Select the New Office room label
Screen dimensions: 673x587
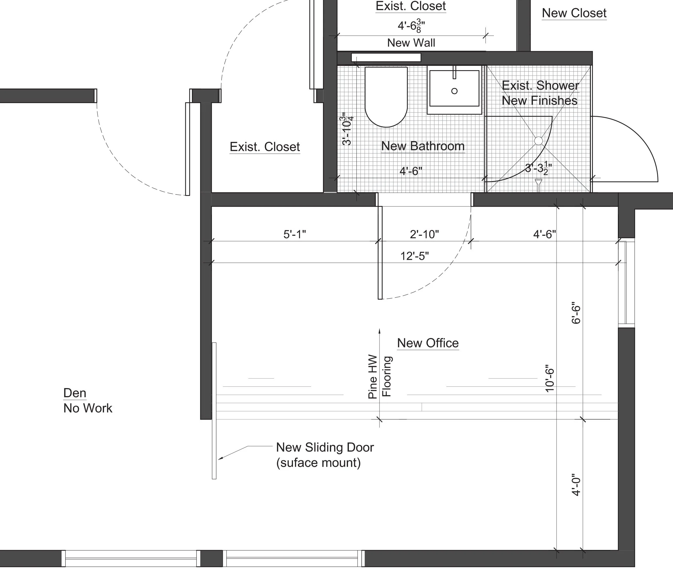pyautogui.click(x=428, y=343)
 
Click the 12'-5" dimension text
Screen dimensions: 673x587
pyautogui.click(x=414, y=256)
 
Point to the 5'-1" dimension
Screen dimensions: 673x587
pyautogui.click(x=294, y=234)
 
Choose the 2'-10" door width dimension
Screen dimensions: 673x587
pyautogui.click(x=424, y=234)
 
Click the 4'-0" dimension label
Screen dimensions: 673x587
pyautogui.click(x=576, y=485)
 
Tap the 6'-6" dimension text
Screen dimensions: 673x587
pyautogui.click(x=576, y=313)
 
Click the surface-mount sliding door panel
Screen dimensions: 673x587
pyautogui.click(x=214, y=411)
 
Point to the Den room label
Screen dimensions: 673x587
pyautogui.click(x=75, y=393)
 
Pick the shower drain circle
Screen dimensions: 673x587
pyautogui.click(x=539, y=141)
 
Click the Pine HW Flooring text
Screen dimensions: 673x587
pyautogui.click(x=379, y=377)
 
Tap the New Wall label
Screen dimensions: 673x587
pyautogui.click(x=411, y=43)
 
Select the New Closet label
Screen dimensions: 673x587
pyautogui.click(x=574, y=13)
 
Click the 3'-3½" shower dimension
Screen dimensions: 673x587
pyautogui.click(x=539, y=168)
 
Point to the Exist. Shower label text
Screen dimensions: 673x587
pyautogui.click(x=540, y=86)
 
